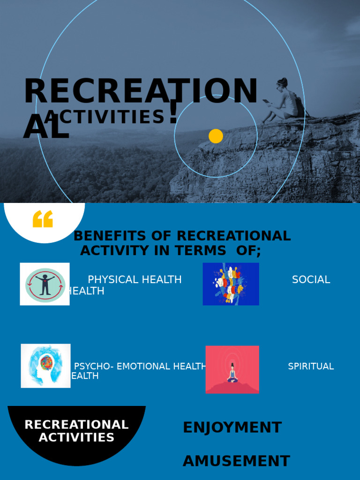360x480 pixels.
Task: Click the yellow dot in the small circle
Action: pyautogui.click(x=216, y=136)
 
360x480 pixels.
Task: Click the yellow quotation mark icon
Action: pyautogui.click(x=43, y=219)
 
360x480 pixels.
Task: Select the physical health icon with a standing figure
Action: pyautogui.click(x=45, y=284)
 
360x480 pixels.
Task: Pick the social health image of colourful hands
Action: pyautogui.click(x=231, y=284)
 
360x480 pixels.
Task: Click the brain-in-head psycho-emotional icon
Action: pyautogui.click(x=45, y=366)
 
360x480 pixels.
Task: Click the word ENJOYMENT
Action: pyautogui.click(x=232, y=427)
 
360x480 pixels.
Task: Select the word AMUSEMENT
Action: pyautogui.click(x=236, y=461)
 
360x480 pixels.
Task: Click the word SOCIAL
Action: pyautogui.click(x=311, y=280)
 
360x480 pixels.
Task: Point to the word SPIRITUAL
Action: pyautogui.click(x=311, y=367)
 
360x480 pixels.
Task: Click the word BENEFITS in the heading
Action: pyautogui.click(x=107, y=236)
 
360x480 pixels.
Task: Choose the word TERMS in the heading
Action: pyautogui.click(x=200, y=251)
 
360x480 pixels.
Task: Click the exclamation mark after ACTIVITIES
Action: pyautogui.click(x=173, y=112)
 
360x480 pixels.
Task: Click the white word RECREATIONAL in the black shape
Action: pyautogui.click(x=76, y=425)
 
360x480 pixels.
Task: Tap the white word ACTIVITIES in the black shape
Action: pyautogui.click(x=76, y=438)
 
